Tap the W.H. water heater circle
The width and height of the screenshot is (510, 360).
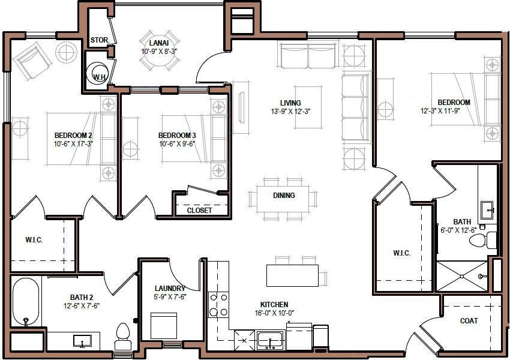[98, 76]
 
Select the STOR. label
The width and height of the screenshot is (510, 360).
[99, 41]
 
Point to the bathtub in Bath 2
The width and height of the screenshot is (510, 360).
[25, 302]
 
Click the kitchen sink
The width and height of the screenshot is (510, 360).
[270, 340]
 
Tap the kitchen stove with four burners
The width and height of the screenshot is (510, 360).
[218, 305]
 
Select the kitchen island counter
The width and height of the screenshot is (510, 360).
[293, 275]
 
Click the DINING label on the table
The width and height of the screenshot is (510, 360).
[284, 196]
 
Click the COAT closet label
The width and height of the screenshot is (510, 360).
[469, 321]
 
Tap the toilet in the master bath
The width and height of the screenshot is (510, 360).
[482, 241]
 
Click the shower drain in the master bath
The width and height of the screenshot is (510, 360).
[461, 276]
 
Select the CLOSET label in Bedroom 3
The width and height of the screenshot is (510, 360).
[199, 211]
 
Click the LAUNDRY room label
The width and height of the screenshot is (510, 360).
[169, 289]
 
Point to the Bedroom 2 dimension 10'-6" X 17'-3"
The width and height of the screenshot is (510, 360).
[74, 144]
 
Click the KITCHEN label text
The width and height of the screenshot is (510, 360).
[274, 305]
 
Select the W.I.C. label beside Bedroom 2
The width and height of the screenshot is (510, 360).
[34, 240]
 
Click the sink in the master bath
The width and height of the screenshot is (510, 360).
[487, 210]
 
